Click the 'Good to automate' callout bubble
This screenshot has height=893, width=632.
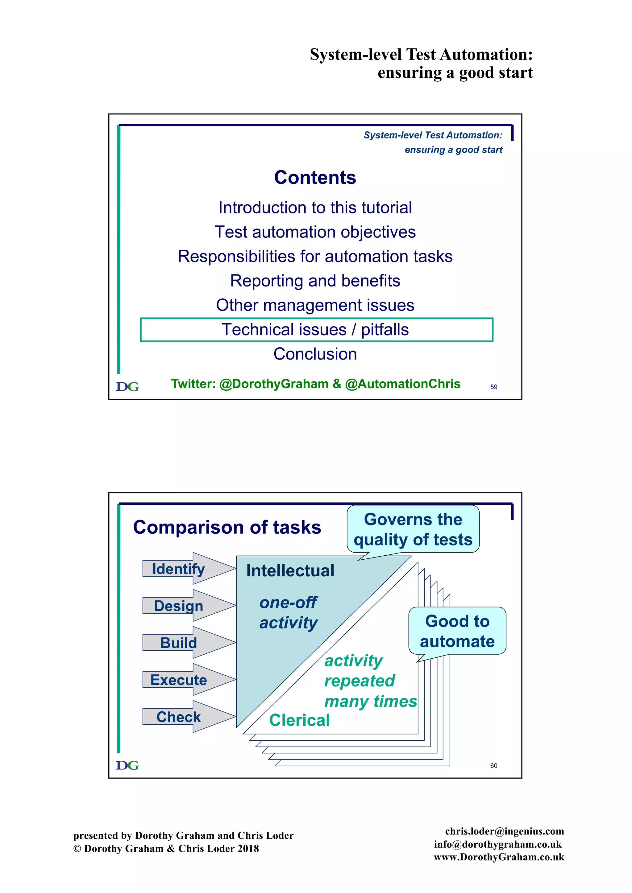click(457, 631)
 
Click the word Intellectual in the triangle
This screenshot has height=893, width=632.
click(290, 570)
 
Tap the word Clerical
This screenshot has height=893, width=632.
click(299, 720)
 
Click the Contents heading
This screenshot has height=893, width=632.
click(315, 177)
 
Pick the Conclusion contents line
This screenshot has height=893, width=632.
click(315, 354)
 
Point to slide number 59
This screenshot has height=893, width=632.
click(493, 387)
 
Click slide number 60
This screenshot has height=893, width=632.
click(493, 765)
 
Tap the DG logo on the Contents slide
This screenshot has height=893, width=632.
click(127, 387)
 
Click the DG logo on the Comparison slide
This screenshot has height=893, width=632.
click(127, 765)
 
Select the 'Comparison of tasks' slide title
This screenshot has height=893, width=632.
click(227, 527)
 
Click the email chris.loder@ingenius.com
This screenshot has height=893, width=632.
click(504, 831)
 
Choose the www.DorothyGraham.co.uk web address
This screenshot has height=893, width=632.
click(499, 857)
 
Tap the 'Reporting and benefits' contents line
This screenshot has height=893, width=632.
click(315, 281)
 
